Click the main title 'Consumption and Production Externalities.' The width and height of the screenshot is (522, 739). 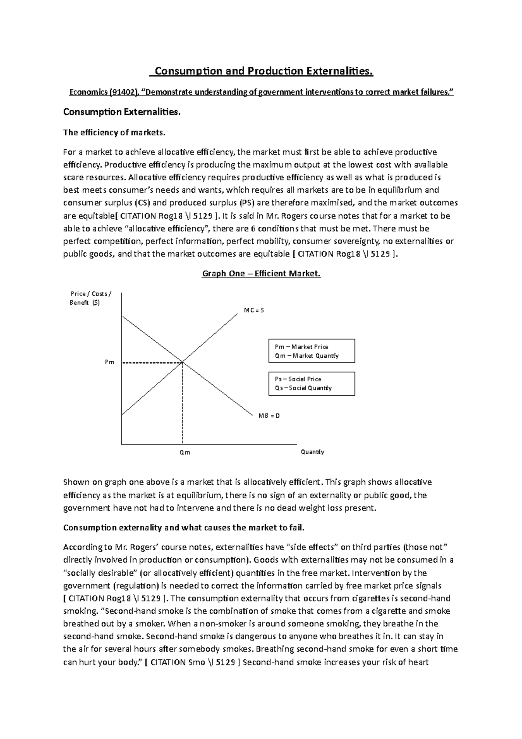pyautogui.click(x=261, y=71)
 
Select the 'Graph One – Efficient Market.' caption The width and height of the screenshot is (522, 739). pyautogui.click(x=261, y=274)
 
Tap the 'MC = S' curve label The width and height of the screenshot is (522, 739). pyautogui.click(x=254, y=310)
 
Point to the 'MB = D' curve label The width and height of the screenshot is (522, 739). pyautogui.click(x=269, y=416)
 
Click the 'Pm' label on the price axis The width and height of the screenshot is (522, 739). pyautogui.click(x=109, y=362)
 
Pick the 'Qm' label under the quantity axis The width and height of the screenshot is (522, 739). pyautogui.click(x=185, y=453)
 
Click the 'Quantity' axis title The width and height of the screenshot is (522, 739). pyautogui.click(x=312, y=452)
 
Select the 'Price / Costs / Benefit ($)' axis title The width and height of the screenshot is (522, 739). pyautogui.click(x=90, y=298)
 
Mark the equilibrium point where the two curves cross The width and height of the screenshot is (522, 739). pyautogui.click(x=182, y=362)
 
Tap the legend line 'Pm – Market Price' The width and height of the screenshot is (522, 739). pyautogui.click(x=301, y=347)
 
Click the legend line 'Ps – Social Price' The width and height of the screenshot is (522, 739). pyautogui.click(x=298, y=379)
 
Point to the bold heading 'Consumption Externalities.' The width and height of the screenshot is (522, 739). pyautogui.click(x=121, y=112)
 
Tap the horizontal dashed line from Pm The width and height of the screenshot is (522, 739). pyautogui.click(x=152, y=362)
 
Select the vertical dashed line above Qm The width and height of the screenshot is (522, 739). pyautogui.click(x=182, y=403)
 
